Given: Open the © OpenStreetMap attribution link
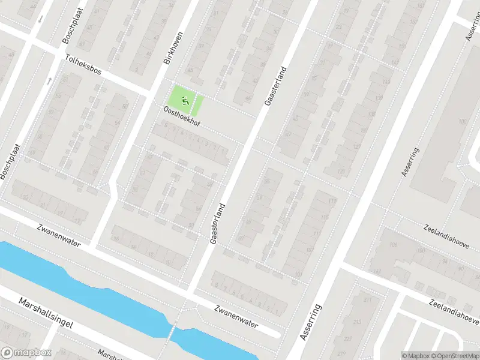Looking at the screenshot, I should [x=457, y=356].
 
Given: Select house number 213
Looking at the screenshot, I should [x=358, y=322].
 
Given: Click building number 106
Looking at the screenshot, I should [x=394, y=245].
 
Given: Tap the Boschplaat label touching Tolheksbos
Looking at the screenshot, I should [x=70, y=29].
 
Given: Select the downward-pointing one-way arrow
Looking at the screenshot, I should [x=40, y=19].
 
